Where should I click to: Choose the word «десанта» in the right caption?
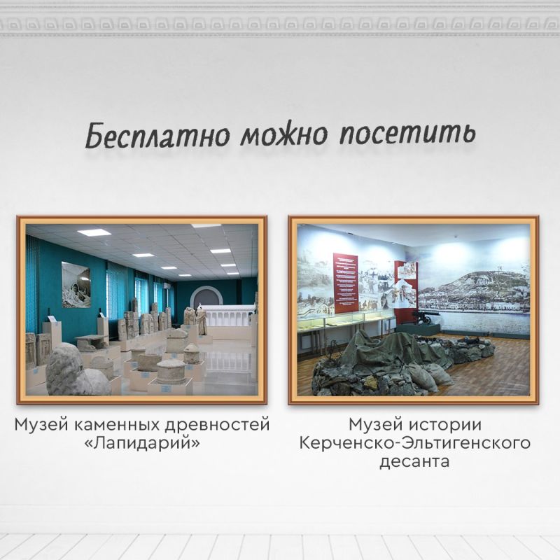click(414, 462)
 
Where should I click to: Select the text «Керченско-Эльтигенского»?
click(414, 443)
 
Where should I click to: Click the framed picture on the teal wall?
click(76, 285)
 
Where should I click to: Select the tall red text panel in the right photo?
click(346, 283)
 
